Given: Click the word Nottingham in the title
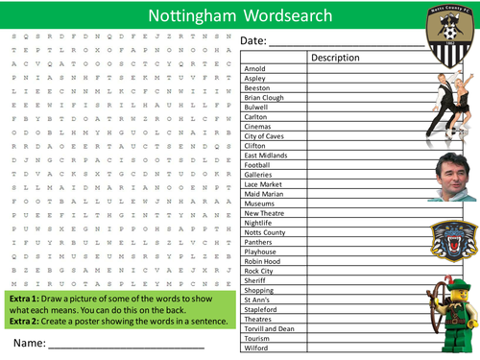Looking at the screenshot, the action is coord(191,15).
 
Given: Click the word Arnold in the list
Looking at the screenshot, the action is coord(256,69).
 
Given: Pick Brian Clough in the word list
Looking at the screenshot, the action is coord(264,97).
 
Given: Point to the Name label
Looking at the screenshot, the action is coord(30,343).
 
